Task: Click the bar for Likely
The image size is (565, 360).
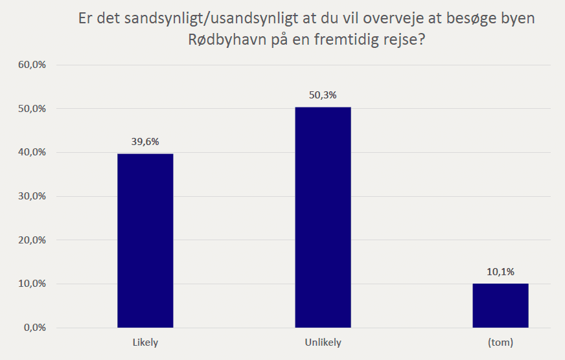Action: [145, 240]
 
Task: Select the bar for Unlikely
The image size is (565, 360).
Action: [323, 217]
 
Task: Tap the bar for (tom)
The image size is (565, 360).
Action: [500, 305]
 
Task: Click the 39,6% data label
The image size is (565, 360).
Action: [145, 142]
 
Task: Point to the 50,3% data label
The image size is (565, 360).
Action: [323, 95]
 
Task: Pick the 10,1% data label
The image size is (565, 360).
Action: [500, 272]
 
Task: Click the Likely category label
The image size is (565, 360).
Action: [145, 343]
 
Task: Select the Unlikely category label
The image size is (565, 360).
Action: [323, 343]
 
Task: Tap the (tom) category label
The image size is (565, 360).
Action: [500, 343]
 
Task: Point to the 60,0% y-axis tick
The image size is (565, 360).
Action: [32, 65]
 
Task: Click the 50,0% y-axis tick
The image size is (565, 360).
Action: [32, 109]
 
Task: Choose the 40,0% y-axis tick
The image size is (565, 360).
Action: [32, 153]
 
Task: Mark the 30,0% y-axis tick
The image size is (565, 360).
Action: [32, 196]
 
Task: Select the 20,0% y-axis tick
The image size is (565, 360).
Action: [32, 240]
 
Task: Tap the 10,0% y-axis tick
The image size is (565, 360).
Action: [32, 284]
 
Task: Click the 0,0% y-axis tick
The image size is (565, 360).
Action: [34, 328]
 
